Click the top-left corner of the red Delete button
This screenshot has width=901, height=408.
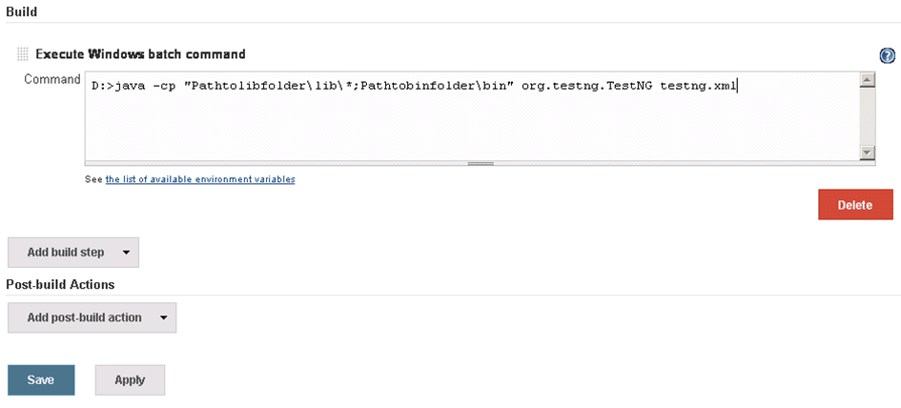click(x=818, y=190)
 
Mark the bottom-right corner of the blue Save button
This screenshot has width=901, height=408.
click(x=74, y=396)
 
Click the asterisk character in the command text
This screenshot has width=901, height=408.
click(x=348, y=86)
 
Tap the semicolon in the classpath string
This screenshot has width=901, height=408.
click(x=356, y=87)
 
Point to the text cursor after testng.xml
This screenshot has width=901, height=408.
click(x=737, y=86)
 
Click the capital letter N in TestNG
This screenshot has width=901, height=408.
click(x=636, y=86)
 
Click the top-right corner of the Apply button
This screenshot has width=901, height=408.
click(x=165, y=365)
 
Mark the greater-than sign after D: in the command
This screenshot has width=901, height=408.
click(x=110, y=87)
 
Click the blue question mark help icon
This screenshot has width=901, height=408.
click(x=888, y=55)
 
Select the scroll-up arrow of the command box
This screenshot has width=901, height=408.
click(x=867, y=80)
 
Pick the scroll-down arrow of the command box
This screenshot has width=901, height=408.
click(x=867, y=153)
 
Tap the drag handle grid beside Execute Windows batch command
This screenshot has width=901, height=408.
click(x=23, y=54)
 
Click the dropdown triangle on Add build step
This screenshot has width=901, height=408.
click(x=127, y=253)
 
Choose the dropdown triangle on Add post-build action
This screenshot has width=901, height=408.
click(x=164, y=317)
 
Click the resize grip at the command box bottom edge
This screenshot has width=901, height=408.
click(x=481, y=163)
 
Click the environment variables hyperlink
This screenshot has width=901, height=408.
click(x=200, y=179)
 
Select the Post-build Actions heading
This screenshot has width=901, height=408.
click(x=60, y=284)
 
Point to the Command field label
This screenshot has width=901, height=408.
click(x=52, y=79)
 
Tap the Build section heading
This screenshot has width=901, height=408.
click(x=21, y=11)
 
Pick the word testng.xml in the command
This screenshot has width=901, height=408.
click(x=698, y=86)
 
